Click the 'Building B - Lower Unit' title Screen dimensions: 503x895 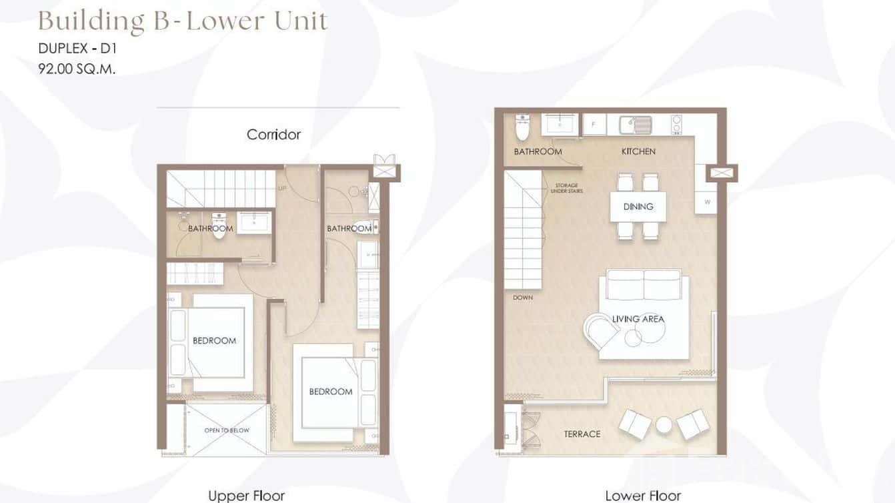(x=183, y=21)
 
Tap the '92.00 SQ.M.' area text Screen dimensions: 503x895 (x=77, y=68)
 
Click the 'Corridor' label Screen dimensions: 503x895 (x=273, y=134)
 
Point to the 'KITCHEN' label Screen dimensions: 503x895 (x=638, y=151)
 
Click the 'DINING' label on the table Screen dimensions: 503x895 (x=638, y=206)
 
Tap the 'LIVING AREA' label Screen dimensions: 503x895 (x=638, y=319)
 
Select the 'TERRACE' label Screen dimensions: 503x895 (x=582, y=434)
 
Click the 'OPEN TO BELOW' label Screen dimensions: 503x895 (x=227, y=430)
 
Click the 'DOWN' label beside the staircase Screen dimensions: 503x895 (x=523, y=298)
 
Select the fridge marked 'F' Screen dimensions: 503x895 (x=594, y=125)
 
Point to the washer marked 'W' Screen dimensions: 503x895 (x=706, y=202)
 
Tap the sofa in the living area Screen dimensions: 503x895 (x=643, y=286)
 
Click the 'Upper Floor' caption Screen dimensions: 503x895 (x=246, y=495)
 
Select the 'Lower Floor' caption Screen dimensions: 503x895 (x=643, y=495)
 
